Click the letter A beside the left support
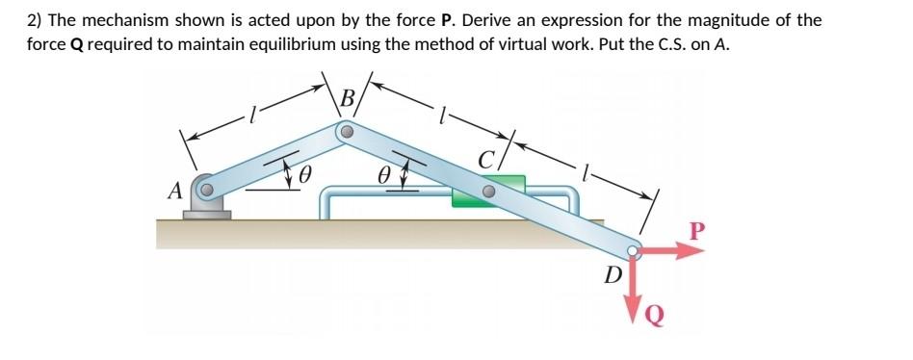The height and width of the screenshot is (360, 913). (x=175, y=191)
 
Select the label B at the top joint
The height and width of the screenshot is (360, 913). (x=348, y=96)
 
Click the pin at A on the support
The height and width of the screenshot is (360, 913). (x=206, y=190)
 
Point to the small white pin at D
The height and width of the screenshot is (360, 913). (x=633, y=251)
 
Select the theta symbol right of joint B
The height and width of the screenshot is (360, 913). (x=385, y=174)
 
